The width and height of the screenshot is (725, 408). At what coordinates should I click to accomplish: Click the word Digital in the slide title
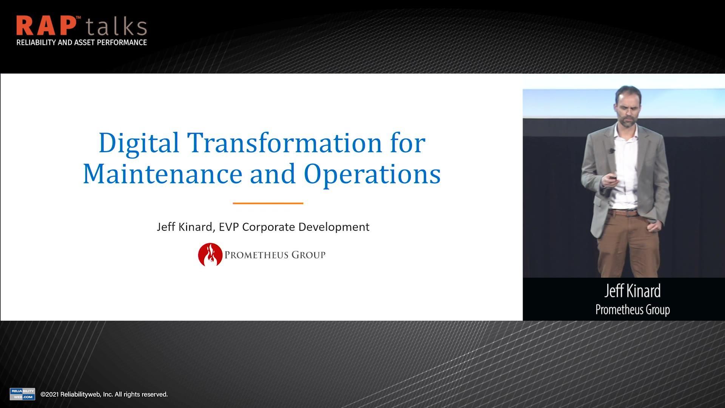click(139, 143)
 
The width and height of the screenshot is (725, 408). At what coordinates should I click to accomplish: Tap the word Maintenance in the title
click(162, 174)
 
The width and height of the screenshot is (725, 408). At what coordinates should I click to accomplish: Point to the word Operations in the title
click(372, 174)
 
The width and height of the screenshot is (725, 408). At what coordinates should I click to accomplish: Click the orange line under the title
click(268, 203)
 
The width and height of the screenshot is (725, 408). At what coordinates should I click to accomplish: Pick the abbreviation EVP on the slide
click(229, 227)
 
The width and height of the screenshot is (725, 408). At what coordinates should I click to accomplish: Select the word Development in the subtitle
click(334, 227)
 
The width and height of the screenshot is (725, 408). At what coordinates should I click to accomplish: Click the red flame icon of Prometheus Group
click(210, 255)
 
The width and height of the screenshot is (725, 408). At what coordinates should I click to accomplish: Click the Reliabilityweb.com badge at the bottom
click(22, 394)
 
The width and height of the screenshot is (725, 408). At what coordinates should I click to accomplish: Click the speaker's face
click(628, 108)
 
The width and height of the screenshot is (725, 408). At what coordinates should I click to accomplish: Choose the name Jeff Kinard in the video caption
click(632, 291)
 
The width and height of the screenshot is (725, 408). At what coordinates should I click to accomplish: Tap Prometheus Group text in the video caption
click(632, 310)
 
